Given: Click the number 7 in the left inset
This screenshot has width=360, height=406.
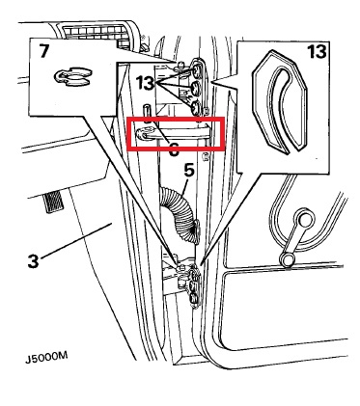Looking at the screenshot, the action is pos(44,51).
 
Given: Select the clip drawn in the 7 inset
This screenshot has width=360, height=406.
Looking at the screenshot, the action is pos(72,77).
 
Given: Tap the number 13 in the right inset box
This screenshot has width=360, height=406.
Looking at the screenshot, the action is pos(317,52).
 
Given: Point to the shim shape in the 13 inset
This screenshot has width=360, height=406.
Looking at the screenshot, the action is pos(280,101).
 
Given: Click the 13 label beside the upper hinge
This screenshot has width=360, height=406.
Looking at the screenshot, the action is pos(146,83).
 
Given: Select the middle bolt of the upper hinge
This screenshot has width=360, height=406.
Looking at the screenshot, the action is pos(195,88).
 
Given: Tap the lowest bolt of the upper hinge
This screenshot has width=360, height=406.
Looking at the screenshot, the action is pos(195,108).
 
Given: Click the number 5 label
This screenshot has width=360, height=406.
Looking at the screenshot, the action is pos(189,170).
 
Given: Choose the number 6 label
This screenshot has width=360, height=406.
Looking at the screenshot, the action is pos(174,149).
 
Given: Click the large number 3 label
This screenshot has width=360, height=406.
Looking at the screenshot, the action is pos(33,261).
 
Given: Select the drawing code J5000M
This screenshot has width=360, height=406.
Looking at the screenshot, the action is pos(46,358).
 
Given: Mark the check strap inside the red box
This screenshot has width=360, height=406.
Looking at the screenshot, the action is pos(174,133).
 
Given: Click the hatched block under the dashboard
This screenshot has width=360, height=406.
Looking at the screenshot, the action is pos(53,202).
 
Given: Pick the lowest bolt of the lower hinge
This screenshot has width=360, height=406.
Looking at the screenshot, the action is pos(193,298).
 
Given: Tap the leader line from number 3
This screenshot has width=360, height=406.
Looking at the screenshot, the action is pos(76,240).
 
